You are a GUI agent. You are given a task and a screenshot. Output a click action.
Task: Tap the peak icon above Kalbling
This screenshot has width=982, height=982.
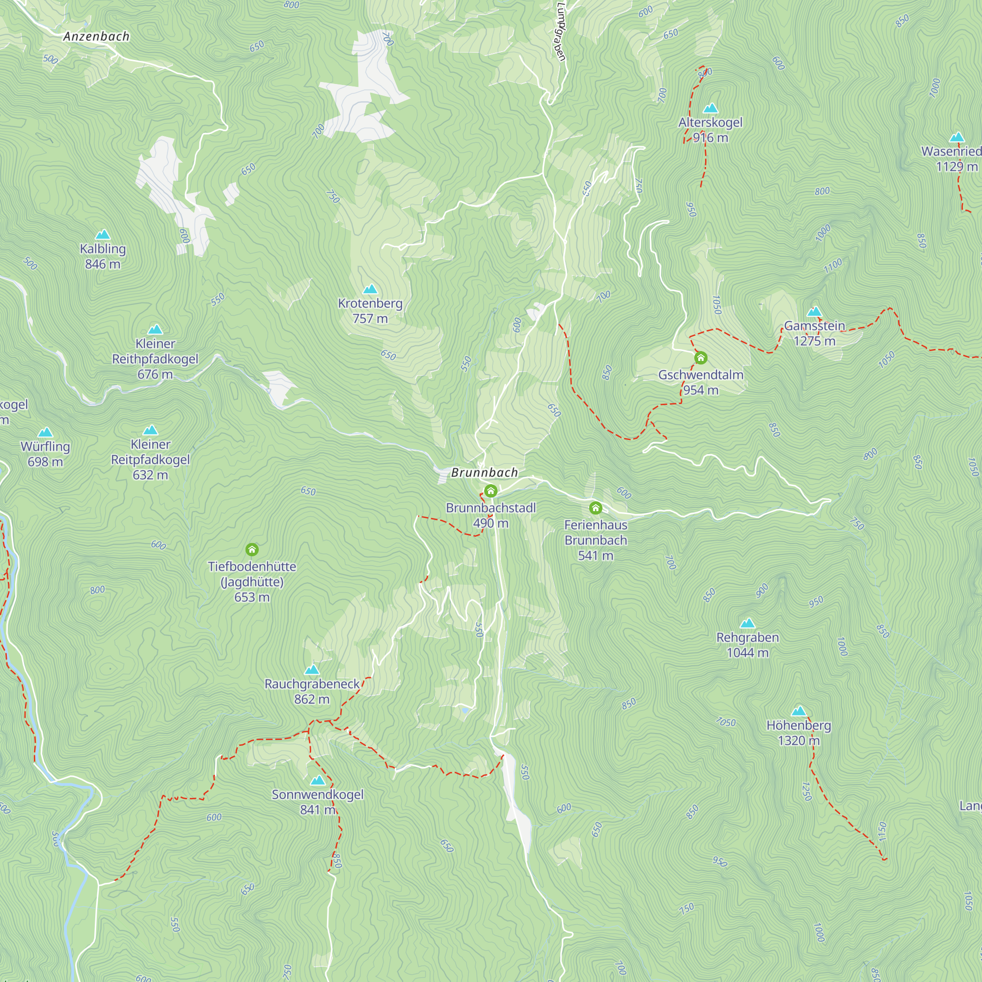point(103,234)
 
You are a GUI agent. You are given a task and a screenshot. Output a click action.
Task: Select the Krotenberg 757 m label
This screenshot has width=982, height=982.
point(370,311)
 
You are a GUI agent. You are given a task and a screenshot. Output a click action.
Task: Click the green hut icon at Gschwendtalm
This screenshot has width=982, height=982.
point(701,358)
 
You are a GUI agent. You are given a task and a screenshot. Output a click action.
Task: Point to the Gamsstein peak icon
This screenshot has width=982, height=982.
point(814,312)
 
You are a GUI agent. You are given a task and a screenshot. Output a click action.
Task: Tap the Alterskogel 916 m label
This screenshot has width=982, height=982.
point(710,130)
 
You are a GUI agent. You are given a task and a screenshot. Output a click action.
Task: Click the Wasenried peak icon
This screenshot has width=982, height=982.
point(956,137)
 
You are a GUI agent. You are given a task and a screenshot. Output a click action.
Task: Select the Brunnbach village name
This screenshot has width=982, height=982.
point(485,473)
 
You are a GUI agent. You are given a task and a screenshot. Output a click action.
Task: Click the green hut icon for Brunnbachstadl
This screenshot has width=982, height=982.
point(491,491)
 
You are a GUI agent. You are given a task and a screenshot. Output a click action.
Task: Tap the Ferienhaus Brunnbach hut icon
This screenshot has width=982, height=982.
point(595,508)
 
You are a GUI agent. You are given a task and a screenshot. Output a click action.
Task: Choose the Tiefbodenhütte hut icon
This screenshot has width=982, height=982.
point(251,549)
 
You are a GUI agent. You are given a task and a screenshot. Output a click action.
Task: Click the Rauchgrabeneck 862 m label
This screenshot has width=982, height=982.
point(312,691)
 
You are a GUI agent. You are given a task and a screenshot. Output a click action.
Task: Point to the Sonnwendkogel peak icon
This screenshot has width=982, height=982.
point(318,780)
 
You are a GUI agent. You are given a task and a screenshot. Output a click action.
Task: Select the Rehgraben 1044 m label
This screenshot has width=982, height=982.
point(747,645)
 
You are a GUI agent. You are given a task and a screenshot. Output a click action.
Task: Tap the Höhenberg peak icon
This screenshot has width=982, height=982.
point(798,711)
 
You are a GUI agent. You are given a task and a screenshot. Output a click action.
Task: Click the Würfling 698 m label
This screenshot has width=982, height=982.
point(45,454)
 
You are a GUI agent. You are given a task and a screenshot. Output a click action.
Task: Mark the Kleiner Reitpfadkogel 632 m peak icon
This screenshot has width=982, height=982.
point(150,431)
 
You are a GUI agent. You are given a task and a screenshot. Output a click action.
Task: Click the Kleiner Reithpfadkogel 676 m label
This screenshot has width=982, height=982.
point(155,359)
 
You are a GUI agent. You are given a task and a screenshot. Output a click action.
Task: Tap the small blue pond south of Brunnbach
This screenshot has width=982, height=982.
point(464,710)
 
